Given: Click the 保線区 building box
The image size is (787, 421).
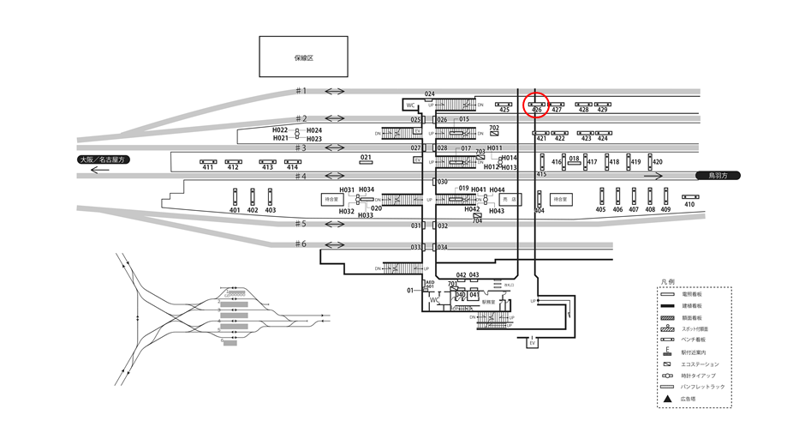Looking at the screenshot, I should pyautogui.click(x=303, y=57).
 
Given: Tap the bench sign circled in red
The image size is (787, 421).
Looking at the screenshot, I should pyautogui.click(x=536, y=104).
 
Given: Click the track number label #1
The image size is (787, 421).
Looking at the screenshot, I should pyautogui.click(x=301, y=91).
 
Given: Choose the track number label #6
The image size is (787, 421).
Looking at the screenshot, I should pyautogui.click(x=301, y=244).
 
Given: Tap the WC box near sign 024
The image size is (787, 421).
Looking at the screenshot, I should pyautogui.click(x=410, y=105).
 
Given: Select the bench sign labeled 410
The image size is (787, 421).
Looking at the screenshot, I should pyautogui.click(x=689, y=196).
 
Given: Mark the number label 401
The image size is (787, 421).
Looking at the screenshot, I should pyautogui.click(x=236, y=210).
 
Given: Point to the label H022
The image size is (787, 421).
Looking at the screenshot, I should pyautogui.click(x=281, y=130).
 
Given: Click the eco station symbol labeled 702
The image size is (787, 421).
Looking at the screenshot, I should pyautogui.click(x=494, y=135).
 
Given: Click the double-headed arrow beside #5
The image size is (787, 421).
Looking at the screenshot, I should pyautogui.click(x=334, y=225).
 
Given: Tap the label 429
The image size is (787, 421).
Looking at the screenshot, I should pyautogui.click(x=602, y=110).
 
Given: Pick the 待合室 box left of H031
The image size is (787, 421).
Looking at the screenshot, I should pyautogui.click(x=331, y=198).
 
